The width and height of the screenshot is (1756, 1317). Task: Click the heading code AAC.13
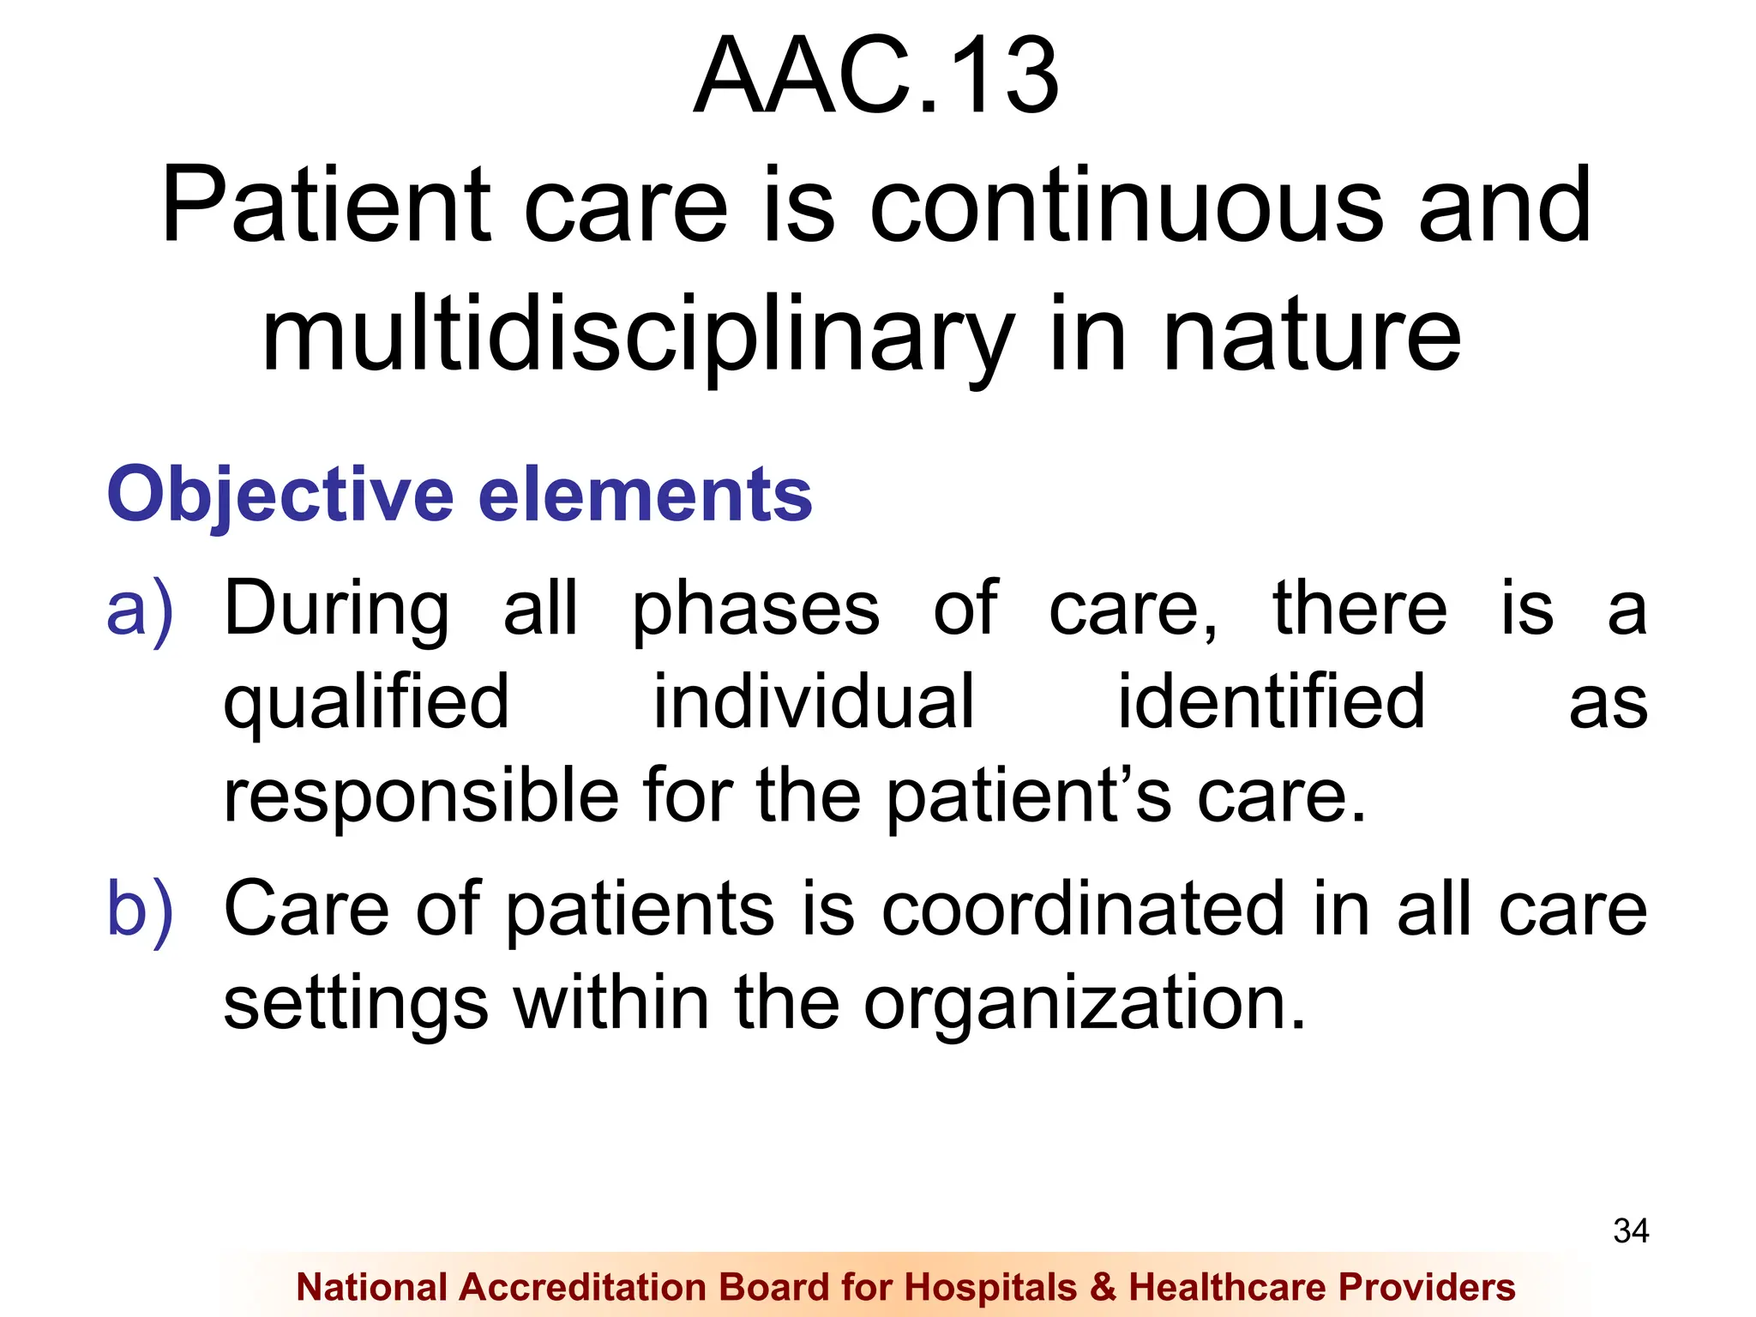[x=876, y=77]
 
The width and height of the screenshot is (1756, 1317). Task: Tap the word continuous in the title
[x=1126, y=206]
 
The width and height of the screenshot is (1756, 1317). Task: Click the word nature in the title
[x=1311, y=335]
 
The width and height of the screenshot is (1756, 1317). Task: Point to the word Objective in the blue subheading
[x=280, y=496]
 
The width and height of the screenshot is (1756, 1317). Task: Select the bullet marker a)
[x=140, y=610]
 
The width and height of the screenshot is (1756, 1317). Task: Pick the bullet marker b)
[x=140, y=910]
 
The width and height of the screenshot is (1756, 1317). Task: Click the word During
[x=336, y=610]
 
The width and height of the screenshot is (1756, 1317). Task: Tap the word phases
[x=755, y=610]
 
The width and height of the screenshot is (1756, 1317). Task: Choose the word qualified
[x=366, y=703]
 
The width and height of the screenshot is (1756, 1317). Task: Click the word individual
[x=814, y=703]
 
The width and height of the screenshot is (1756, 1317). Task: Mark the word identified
[x=1271, y=703]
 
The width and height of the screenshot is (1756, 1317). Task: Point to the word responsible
[x=421, y=797]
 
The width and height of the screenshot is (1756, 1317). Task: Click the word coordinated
[x=1083, y=910]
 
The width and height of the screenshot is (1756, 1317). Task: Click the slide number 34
[x=1630, y=1231]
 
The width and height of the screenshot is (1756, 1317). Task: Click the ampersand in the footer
[x=1103, y=1287]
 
